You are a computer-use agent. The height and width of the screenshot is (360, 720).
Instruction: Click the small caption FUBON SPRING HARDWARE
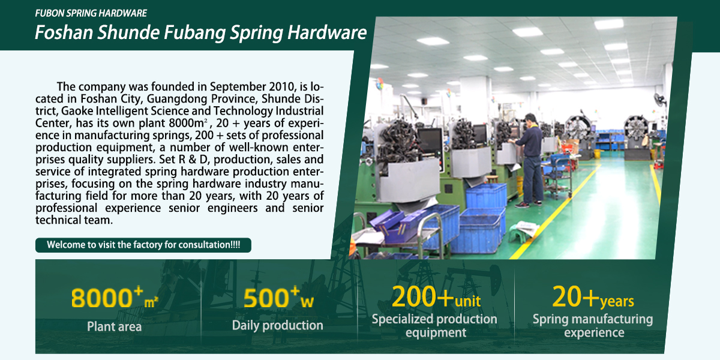[x=91, y=13]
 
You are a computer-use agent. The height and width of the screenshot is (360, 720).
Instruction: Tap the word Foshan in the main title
[x=64, y=32]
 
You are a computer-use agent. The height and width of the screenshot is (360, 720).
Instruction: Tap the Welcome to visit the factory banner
[x=143, y=245]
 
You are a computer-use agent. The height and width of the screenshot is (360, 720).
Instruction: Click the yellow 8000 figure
[x=101, y=298]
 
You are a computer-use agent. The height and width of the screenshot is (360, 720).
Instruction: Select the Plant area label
[x=114, y=326]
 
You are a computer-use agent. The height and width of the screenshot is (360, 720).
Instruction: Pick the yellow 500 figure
[x=265, y=298]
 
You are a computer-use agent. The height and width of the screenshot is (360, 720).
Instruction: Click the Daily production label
[x=277, y=325]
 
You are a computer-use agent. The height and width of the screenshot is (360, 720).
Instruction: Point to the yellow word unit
[x=467, y=301]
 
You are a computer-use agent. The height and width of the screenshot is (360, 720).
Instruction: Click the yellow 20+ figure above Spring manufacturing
[x=575, y=296]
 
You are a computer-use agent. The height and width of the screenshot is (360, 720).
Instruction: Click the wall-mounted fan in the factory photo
[x=659, y=100]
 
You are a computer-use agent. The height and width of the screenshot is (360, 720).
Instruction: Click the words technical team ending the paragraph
[x=74, y=220]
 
